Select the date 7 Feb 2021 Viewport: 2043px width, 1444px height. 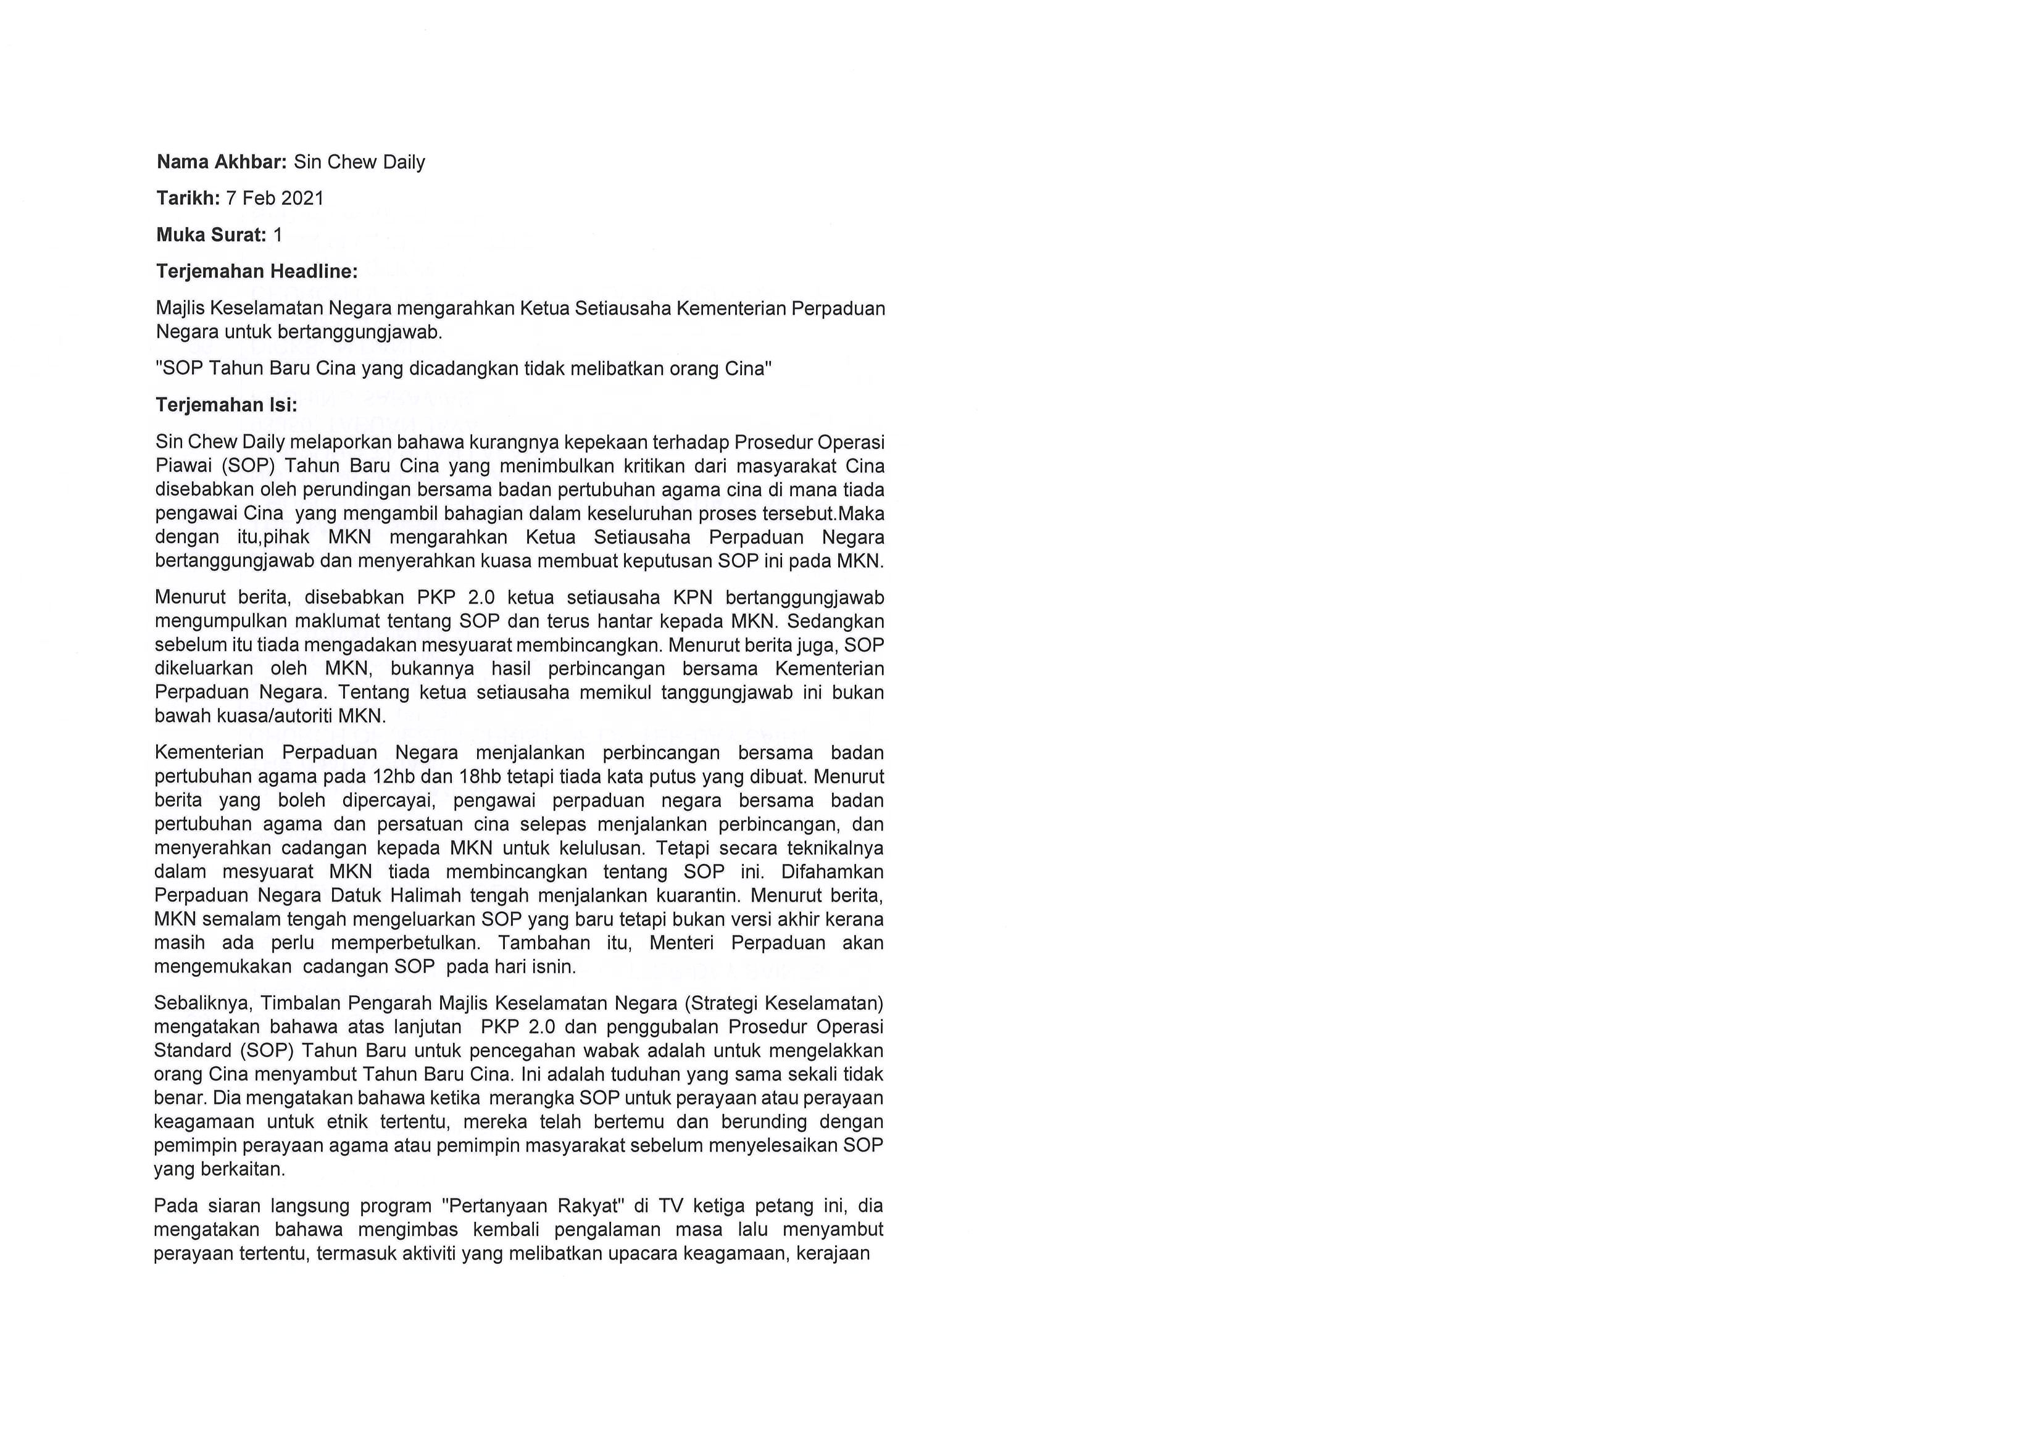[275, 199]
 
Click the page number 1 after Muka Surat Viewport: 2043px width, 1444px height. [278, 235]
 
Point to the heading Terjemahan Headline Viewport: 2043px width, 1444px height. [256, 272]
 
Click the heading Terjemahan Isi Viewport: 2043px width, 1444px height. [226, 405]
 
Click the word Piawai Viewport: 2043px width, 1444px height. [181, 466]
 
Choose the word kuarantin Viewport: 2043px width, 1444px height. [697, 895]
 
